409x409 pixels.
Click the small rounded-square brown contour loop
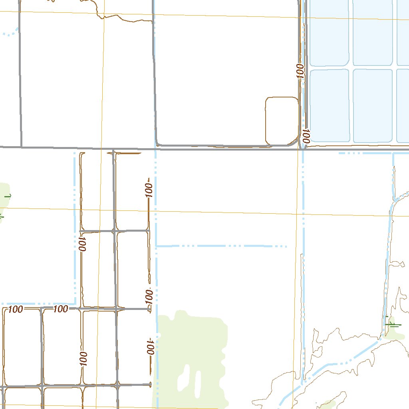coord(282,121)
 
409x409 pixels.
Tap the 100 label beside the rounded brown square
coord(306,136)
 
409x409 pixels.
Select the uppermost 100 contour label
coord(300,71)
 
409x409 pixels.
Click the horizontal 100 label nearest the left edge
coord(15,309)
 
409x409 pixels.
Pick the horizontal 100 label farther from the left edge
coord(60,309)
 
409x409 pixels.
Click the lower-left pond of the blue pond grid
coord(329,105)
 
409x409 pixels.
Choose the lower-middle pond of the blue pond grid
coord(373,105)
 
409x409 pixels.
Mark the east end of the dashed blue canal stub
coord(286,246)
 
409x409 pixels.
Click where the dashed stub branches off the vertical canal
coord(157,246)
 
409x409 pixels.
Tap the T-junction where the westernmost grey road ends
coord(21,147)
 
